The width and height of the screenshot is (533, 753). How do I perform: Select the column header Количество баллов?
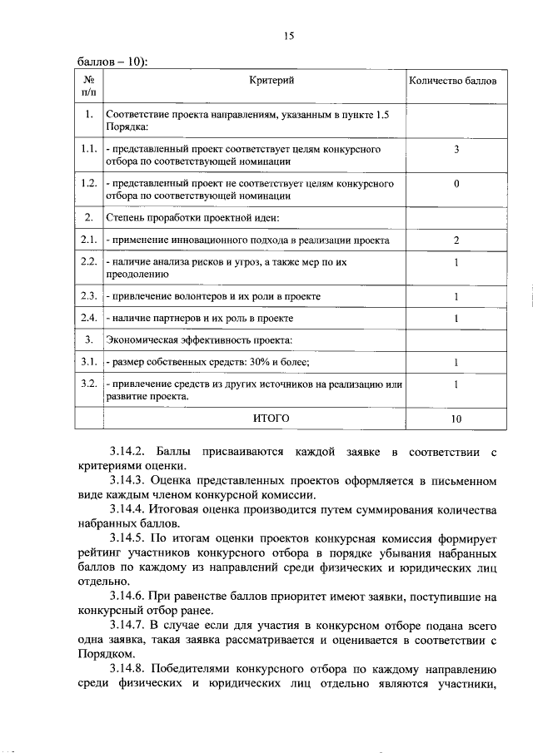click(456, 82)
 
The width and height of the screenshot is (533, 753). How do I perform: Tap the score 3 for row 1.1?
click(456, 150)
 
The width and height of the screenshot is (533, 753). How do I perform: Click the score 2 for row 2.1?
click(456, 240)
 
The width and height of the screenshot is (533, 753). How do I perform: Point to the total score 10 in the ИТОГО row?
click(456, 419)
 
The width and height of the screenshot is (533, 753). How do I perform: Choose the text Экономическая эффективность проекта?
click(198, 340)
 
